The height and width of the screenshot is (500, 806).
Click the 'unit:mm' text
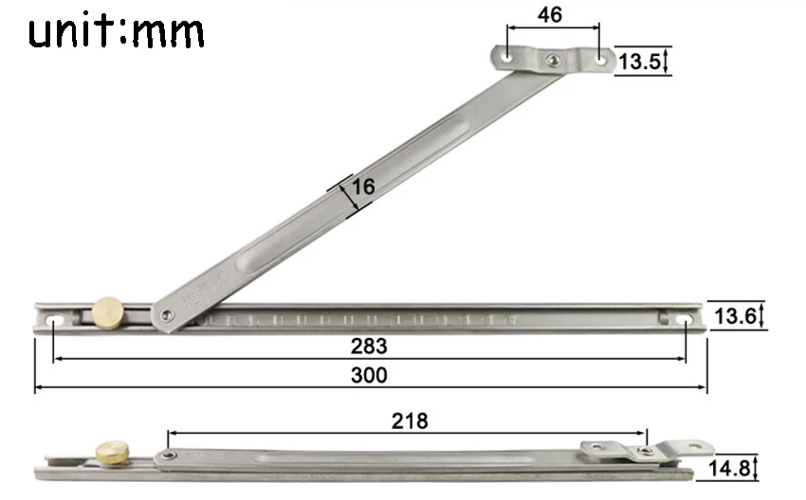pyautogui.click(x=117, y=31)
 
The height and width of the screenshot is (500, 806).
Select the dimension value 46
pyautogui.click(x=549, y=15)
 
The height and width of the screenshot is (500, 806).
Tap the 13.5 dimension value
pyautogui.click(x=639, y=62)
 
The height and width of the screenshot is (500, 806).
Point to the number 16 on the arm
pyautogui.click(x=363, y=187)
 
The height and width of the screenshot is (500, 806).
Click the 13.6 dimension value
pyautogui.click(x=735, y=316)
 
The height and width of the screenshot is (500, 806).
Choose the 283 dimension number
pyautogui.click(x=369, y=346)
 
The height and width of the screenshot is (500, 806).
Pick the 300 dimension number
pyautogui.click(x=369, y=375)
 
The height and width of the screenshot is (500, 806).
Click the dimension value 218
pyautogui.click(x=410, y=421)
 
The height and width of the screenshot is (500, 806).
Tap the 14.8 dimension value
pyautogui.click(x=729, y=468)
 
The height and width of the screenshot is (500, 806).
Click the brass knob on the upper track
pyautogui.click(x=108, y=312)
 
